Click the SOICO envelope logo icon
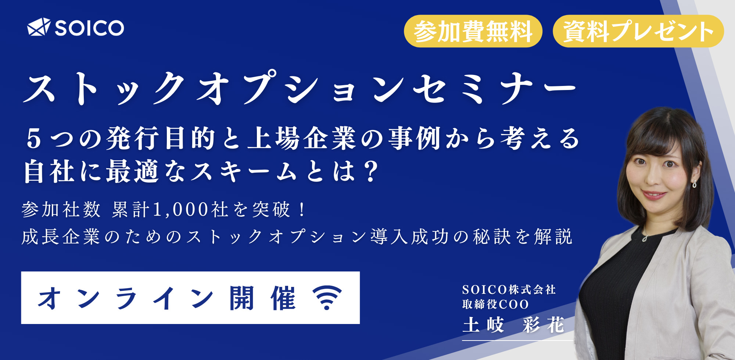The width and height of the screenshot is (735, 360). click(x=39, y=27)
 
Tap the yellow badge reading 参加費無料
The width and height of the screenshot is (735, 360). click(x=473, y=31)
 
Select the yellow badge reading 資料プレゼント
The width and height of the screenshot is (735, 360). click(x=638, y=31)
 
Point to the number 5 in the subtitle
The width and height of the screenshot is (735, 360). click(x=34, y=139)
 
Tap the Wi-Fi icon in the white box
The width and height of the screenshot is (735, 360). click(x=327, y=297)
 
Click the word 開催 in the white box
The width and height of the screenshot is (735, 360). click(x=262, y=298)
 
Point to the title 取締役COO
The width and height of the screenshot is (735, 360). click(x=495, y=304)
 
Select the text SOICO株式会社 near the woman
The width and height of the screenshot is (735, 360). click(x=509, y=290)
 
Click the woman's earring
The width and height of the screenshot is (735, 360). click(x=694, y=184)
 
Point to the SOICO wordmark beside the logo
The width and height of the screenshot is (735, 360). click(x=89, y=28)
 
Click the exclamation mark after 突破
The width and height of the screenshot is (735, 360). click(x=302, y=209)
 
